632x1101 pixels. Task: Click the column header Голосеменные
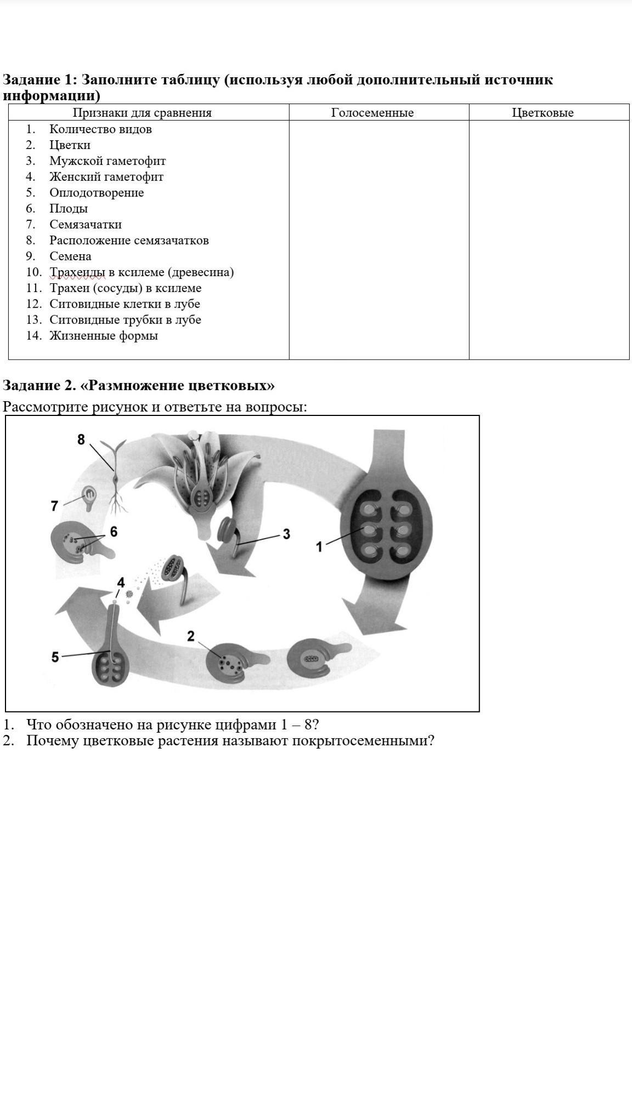pyautogui.click(x=372, y=113)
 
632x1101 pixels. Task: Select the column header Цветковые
pyautogui.click(x=543, y=113)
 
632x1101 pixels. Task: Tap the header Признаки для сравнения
pyautogui.click(x=143, y=113)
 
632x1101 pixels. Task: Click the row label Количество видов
pyautogui.click(x=100, y=129)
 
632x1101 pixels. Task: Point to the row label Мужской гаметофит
pyautogui.click(x=108, y=161)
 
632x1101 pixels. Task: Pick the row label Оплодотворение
pyautogui.click(x=97, y=193)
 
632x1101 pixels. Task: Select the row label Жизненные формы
pyautogui.click(x=104, y=336)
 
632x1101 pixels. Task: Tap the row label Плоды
pyautogui.click(x=69, y=209)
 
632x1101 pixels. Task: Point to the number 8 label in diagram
pyautogui.click(x=81, y=440)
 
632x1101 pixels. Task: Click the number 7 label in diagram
pyautogui.click(x=54, y=506)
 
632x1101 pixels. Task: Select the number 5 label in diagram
pyautogui.click(x=55, y=657)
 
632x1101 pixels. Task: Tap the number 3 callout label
pyautogui.click(x=286, y=534)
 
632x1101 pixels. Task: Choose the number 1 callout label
pyautogui.click(x=319, y=546)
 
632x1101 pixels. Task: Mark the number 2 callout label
pyautogui.click(x=190, y=636)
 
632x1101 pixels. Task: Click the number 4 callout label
pyautogui.click(x=121, y=582)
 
